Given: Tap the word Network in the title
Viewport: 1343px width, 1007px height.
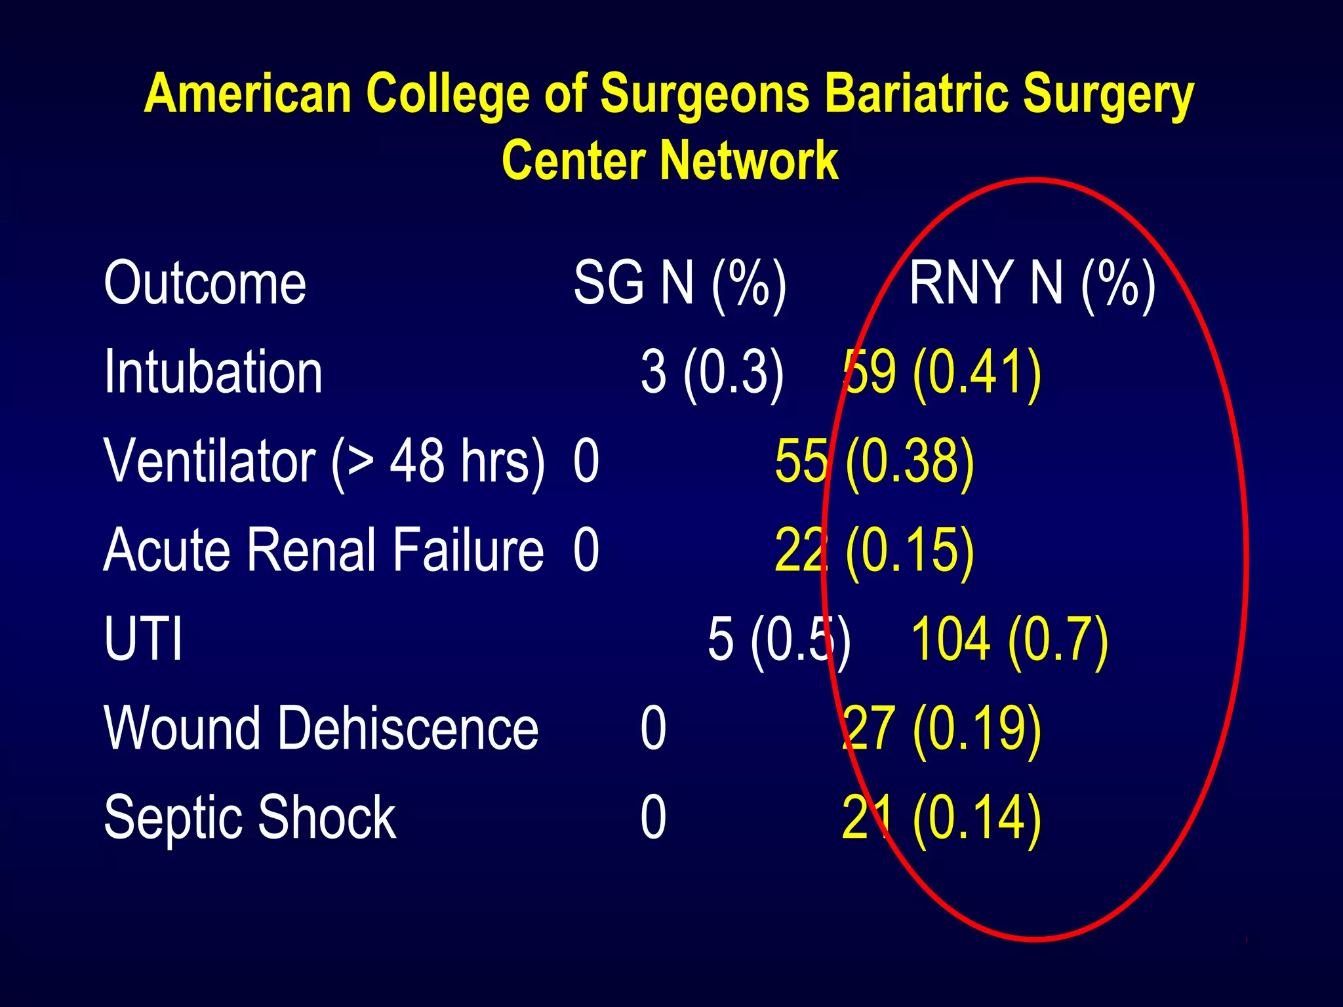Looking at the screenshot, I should (x=749, y=161).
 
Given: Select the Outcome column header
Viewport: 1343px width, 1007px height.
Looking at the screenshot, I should (x=205, y=283).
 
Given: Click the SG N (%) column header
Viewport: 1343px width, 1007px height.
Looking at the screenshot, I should (x=679, y=283).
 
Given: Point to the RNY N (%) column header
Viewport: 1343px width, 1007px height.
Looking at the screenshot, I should (x=1032, y=283).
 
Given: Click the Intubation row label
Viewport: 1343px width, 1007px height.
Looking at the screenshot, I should (x=213, y=372).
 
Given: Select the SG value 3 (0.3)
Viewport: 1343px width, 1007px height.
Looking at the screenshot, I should (x=712, y=372).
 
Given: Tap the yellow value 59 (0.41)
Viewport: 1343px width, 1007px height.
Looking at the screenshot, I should (x=942, y=372).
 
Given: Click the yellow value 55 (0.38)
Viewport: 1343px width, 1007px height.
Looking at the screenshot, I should (x=874, y=462).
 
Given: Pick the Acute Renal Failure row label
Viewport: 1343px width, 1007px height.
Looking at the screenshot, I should (x=323, y=551).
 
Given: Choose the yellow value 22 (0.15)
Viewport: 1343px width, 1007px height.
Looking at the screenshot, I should (x=874, y=551).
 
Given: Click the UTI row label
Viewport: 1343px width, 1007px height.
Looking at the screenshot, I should (x=143, y=639).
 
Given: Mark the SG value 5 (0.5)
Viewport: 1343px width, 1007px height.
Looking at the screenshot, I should (x=779, y=639).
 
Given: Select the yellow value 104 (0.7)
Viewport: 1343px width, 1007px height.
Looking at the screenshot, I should (x=1009, y=639).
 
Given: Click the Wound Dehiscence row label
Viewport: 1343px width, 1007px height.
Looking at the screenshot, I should (x=321, y=728).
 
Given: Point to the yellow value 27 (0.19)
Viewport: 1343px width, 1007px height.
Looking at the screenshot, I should (x=942, y=728).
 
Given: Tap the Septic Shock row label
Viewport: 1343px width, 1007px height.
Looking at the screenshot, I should (x=250, y=818).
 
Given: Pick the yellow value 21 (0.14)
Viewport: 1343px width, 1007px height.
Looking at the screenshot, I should (x=942, y=818).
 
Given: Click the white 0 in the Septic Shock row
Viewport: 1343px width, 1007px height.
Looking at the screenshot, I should (x=653, y=818).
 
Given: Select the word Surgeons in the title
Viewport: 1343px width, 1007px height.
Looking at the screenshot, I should (x=706, y=94).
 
